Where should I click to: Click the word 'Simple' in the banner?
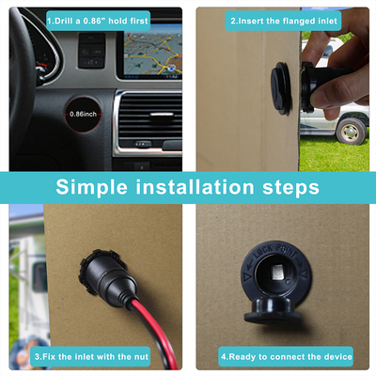(x=92, y=188)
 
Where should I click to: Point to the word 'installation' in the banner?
(x=195, y=187)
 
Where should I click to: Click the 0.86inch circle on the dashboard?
(x=83, y=114)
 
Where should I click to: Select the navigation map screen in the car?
(x=153, y=50)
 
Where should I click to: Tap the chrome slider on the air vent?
(x=162, y=115)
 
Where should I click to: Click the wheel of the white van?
(x=351, y=131)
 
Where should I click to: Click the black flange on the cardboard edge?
(x=281, y=88)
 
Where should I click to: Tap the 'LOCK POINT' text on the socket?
(x=275, y=252)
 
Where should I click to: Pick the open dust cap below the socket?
(x=273, y=310)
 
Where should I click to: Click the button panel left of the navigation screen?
(x=91, y=50)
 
